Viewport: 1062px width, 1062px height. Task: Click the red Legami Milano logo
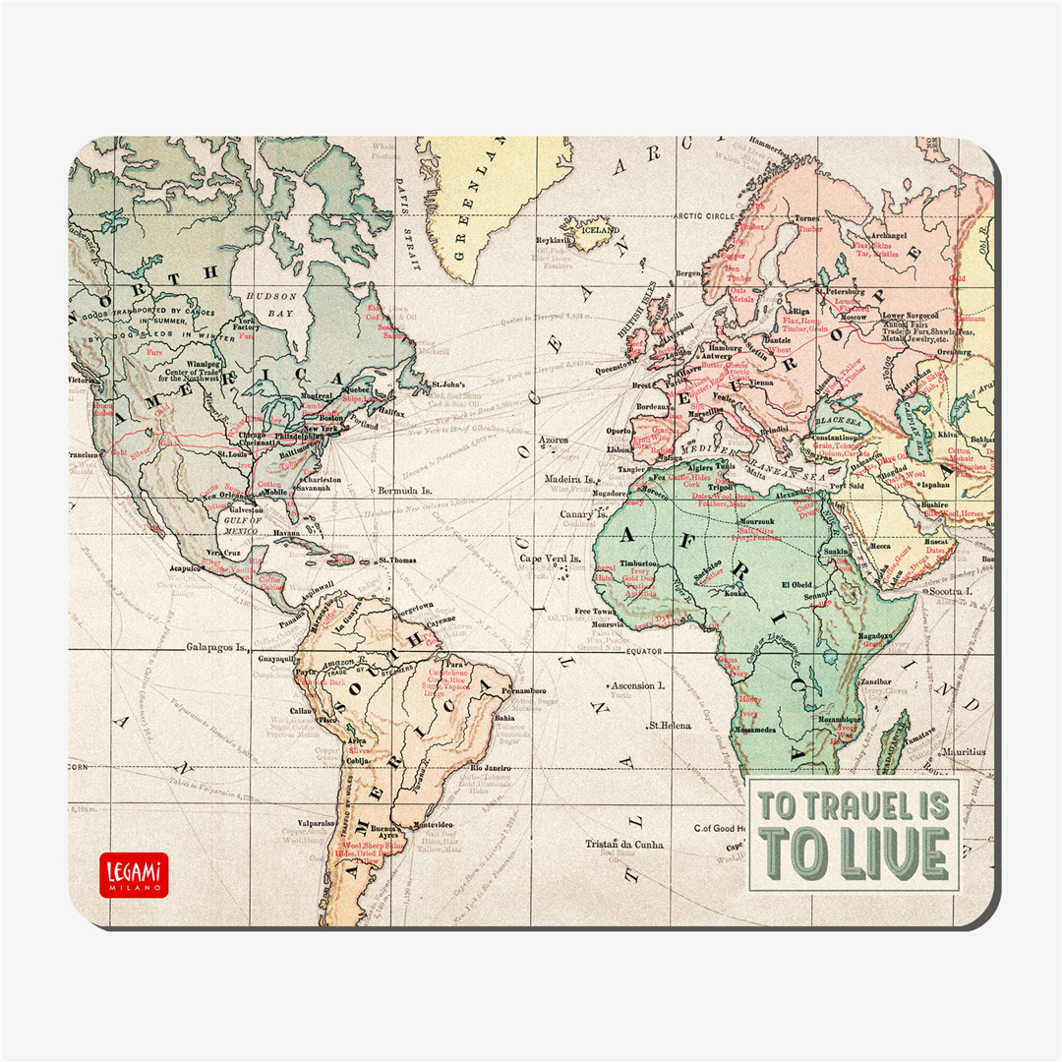pos(134,874)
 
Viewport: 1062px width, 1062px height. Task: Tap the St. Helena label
pos(667,725)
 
